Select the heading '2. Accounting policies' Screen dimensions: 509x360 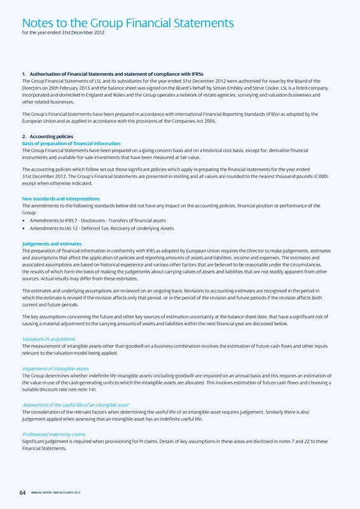pos(48,137)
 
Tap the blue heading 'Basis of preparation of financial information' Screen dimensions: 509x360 pos(71,143)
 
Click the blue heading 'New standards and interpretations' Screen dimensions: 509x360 pos(60,199)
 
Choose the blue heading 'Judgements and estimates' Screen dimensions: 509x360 pos(53,243)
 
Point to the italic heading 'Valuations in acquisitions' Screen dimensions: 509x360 pos(53,339)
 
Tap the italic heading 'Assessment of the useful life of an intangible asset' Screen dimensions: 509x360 pos(75,405)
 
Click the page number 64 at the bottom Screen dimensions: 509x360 pos(24,491)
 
